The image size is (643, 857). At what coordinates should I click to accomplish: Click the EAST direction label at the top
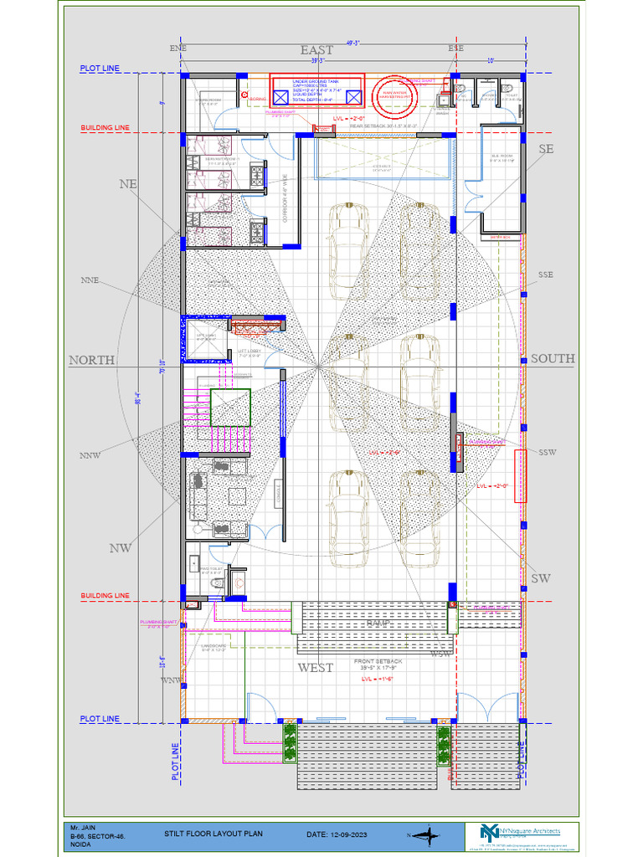click(316, 50)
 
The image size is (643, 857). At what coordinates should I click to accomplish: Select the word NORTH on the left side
click(91, 359)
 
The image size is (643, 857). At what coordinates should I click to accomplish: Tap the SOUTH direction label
click(553, 358)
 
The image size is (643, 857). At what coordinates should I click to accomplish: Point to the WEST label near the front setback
click(315, 668)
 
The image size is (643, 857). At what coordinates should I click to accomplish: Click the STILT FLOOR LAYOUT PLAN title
click(213, 834)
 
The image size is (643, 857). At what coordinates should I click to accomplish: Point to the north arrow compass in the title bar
click(429, 834)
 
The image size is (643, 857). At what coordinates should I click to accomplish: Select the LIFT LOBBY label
click(249, 353)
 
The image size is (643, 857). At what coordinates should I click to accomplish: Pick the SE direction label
click(546, 149)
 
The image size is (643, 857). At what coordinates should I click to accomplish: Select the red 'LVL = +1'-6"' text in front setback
click(377, 680)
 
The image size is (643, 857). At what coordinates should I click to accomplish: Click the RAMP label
click(378, 624)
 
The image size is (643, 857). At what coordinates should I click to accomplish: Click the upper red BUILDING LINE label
click(105, 128)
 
